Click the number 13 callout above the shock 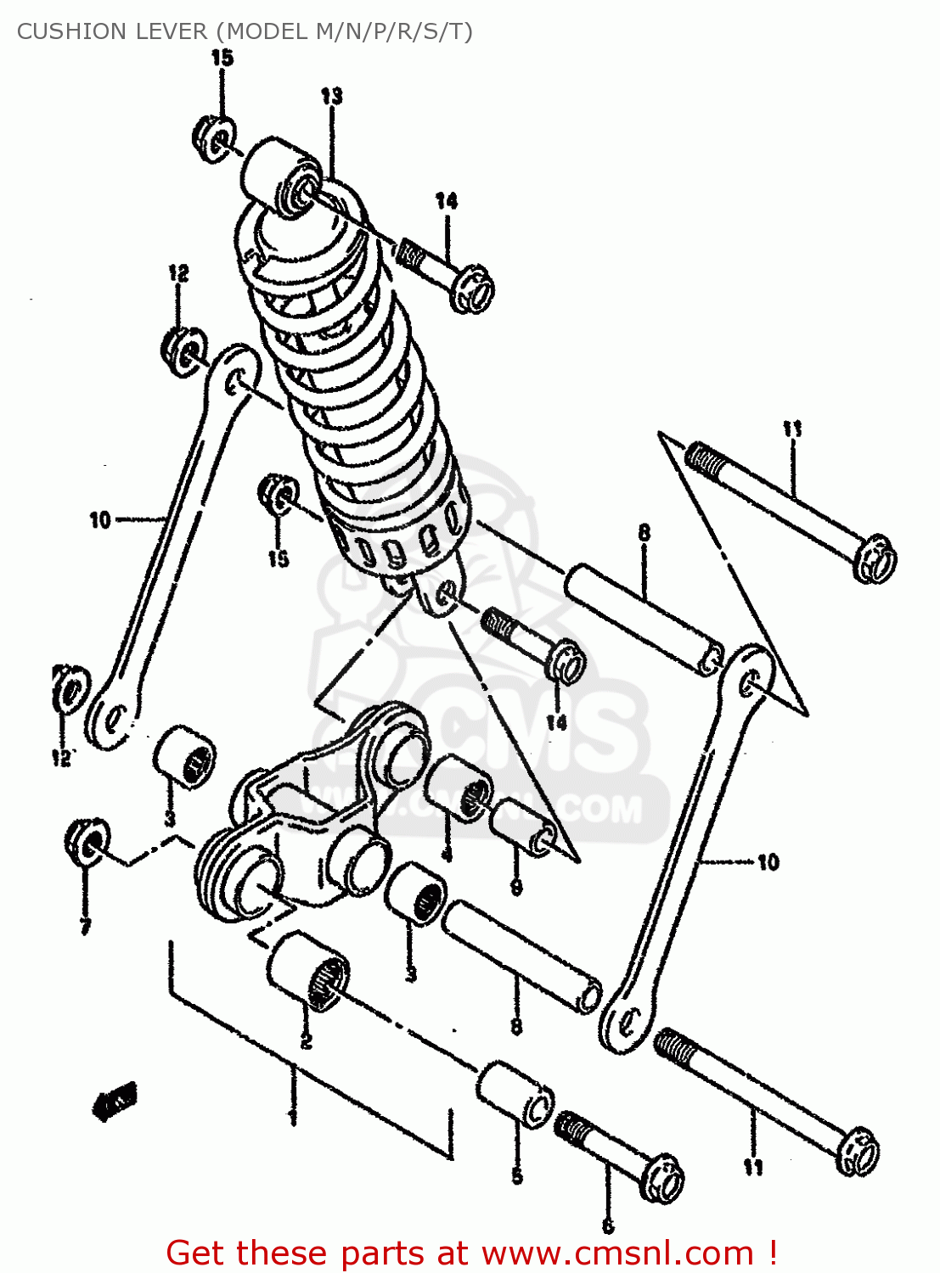(x=331, y=96)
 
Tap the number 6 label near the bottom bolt (x=607, y=1226)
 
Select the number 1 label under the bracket (x=292, y=1116)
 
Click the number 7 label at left (x=85, y=927)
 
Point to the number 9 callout (x=516, y=888)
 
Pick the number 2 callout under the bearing (x=306, y=1040)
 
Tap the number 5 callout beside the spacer (x=516, y=1176)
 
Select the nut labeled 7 (x=87, y=841)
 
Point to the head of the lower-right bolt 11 (x=858, y=1151)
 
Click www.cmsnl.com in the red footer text (x=617, y=1253)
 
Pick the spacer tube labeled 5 (x=514, y=1095)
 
